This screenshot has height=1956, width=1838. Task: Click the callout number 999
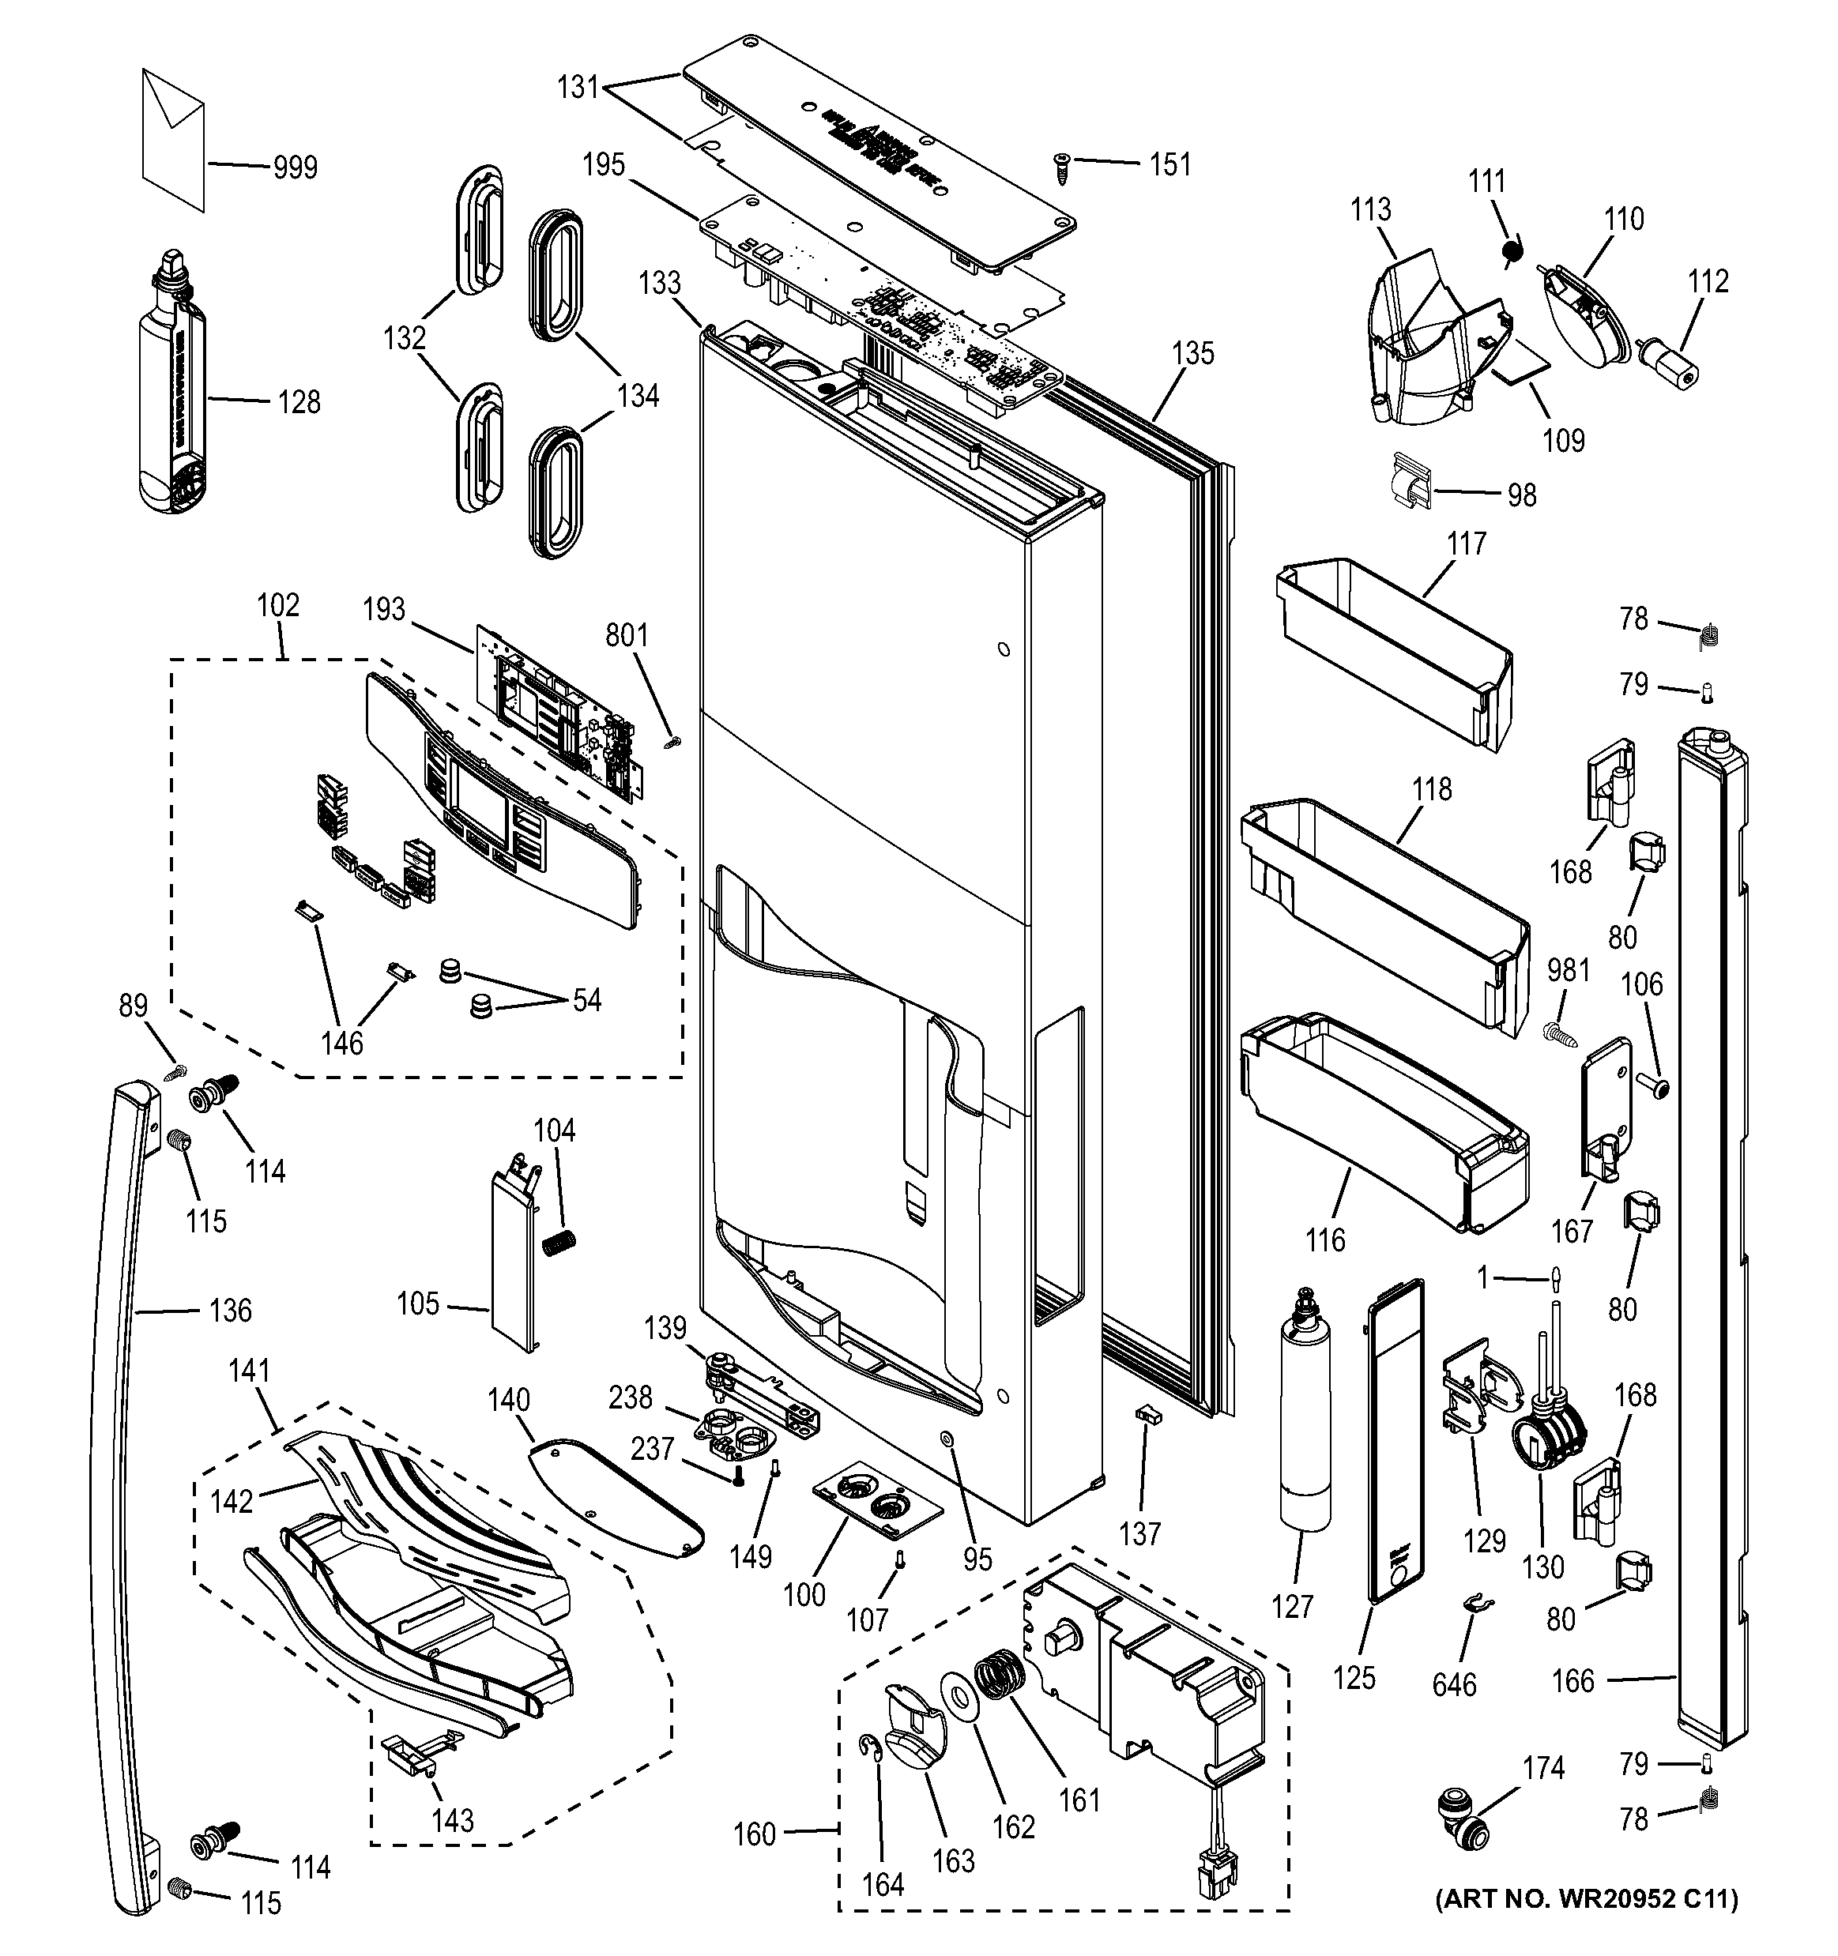pos(296,167)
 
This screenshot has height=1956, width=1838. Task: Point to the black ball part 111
pos(1512,254)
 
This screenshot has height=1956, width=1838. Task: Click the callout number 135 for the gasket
pos(1192,353)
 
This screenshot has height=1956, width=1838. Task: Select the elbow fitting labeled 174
pos(1461,1832)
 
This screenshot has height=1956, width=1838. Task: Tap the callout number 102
pos(277,605)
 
